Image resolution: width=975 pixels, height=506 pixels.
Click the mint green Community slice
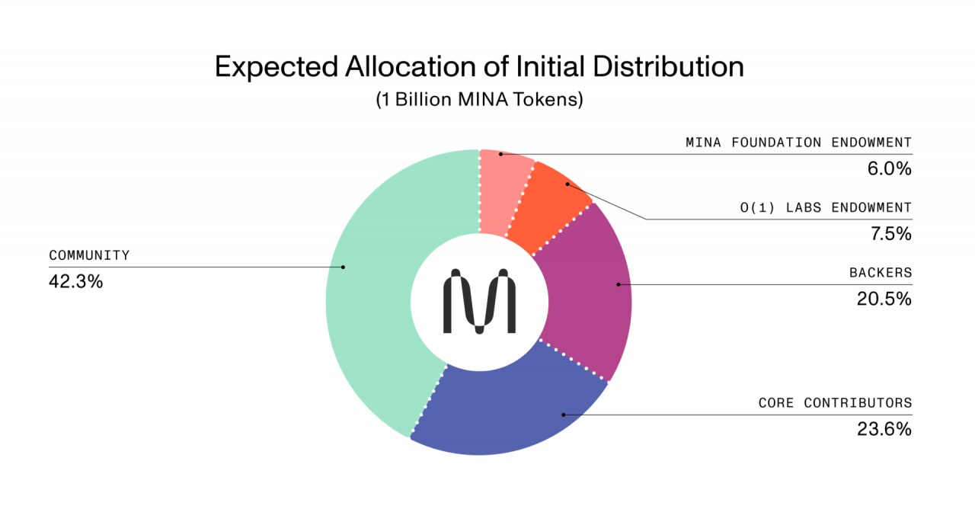coord(373,290)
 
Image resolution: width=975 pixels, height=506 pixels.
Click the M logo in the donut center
coord(479,301)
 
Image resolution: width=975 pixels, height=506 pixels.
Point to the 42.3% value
coord(75,281)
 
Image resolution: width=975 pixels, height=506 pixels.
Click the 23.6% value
coord(884,429)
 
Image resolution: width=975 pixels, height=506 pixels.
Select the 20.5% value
coord(884,299)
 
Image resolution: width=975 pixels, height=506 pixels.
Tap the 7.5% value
coord(890,234)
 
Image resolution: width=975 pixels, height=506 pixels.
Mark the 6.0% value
coord(890,168)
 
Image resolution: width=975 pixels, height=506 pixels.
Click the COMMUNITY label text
coord(89,255)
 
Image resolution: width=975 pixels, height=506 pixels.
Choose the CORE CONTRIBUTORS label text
coord(835,403)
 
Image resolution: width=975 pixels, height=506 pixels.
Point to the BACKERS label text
coord(881,273)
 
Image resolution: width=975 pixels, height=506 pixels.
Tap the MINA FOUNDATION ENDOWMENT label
coord(798,143)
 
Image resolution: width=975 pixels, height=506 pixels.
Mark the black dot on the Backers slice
coord(619,284)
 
